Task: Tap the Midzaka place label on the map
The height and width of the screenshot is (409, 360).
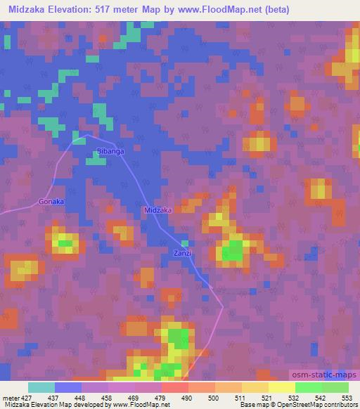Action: [157, 210]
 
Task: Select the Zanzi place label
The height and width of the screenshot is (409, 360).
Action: [181, 253]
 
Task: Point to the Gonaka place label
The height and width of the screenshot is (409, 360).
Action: [51, 202]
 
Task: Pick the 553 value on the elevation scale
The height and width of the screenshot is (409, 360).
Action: [346, 397]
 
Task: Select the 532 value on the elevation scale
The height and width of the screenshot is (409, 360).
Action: [294, 397]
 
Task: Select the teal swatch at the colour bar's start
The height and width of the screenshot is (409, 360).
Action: [41, 387]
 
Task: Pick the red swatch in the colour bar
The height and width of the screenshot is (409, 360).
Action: [174, 387]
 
